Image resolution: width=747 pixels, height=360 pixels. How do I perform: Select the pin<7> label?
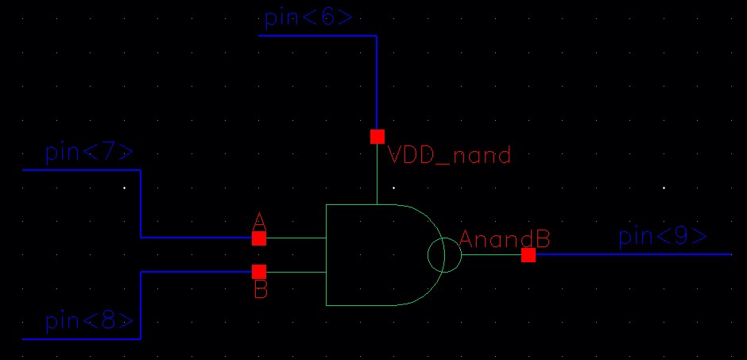[88, 153]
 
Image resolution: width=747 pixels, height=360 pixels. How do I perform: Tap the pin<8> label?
[88, 322]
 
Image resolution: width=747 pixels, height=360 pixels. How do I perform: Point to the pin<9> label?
[662, 237]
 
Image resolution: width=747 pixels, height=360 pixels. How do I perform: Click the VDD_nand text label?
[449, 155]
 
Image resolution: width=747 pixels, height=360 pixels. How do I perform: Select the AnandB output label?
[505, 238]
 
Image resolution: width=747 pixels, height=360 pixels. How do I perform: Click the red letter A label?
[259, 220]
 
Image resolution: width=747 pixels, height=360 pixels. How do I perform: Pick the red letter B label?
[261, 291]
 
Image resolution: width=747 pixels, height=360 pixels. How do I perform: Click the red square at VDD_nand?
[377, 137]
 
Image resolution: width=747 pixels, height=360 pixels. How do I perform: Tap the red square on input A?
[259, 238]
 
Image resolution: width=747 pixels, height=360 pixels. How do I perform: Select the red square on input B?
[259, 272]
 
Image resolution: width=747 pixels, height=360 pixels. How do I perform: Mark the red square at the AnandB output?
[528, 254]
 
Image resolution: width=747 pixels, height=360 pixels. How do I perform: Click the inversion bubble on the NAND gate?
[444, 255]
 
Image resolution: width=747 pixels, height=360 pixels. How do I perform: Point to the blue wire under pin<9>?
[636, 254]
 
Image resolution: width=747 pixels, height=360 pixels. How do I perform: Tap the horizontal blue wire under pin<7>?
[79, 170]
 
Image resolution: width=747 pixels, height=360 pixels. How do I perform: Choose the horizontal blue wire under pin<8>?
[79, 339]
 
